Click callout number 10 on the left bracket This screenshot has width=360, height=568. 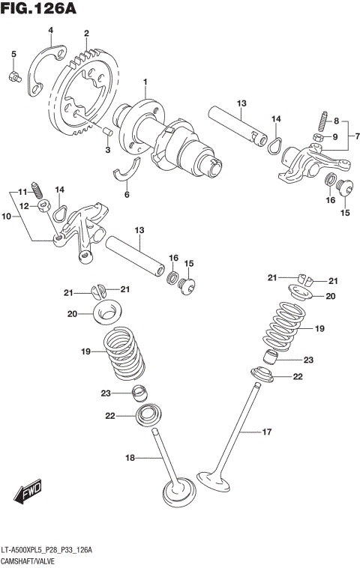coord(7,216)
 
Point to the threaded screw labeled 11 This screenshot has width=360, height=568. coord(37,187)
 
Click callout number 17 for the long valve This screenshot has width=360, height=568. coord(265,432)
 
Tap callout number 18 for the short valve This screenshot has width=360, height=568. coord(131,457)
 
